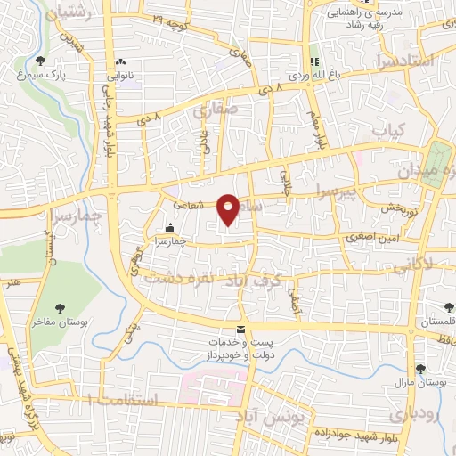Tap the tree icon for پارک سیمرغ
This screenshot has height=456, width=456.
pos(41,61)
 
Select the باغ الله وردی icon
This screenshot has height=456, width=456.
pos(313,61)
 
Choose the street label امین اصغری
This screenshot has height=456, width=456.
pos(373,239)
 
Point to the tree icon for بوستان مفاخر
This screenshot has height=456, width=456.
pos(58,308)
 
